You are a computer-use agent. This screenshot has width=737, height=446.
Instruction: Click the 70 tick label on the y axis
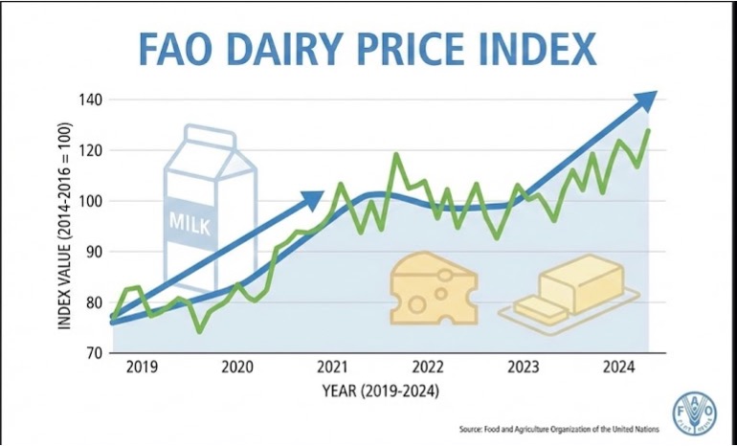click(93, 352)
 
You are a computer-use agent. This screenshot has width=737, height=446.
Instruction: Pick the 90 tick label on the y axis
click(93, 252)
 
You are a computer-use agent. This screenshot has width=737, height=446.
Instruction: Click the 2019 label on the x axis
click(143, 368)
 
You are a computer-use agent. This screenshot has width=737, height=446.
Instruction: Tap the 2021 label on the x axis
click(332, 368)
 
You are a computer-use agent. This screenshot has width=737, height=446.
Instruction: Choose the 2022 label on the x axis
click(427, 368)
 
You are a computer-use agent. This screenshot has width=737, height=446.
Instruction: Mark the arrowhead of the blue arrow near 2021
click(313, 199)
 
